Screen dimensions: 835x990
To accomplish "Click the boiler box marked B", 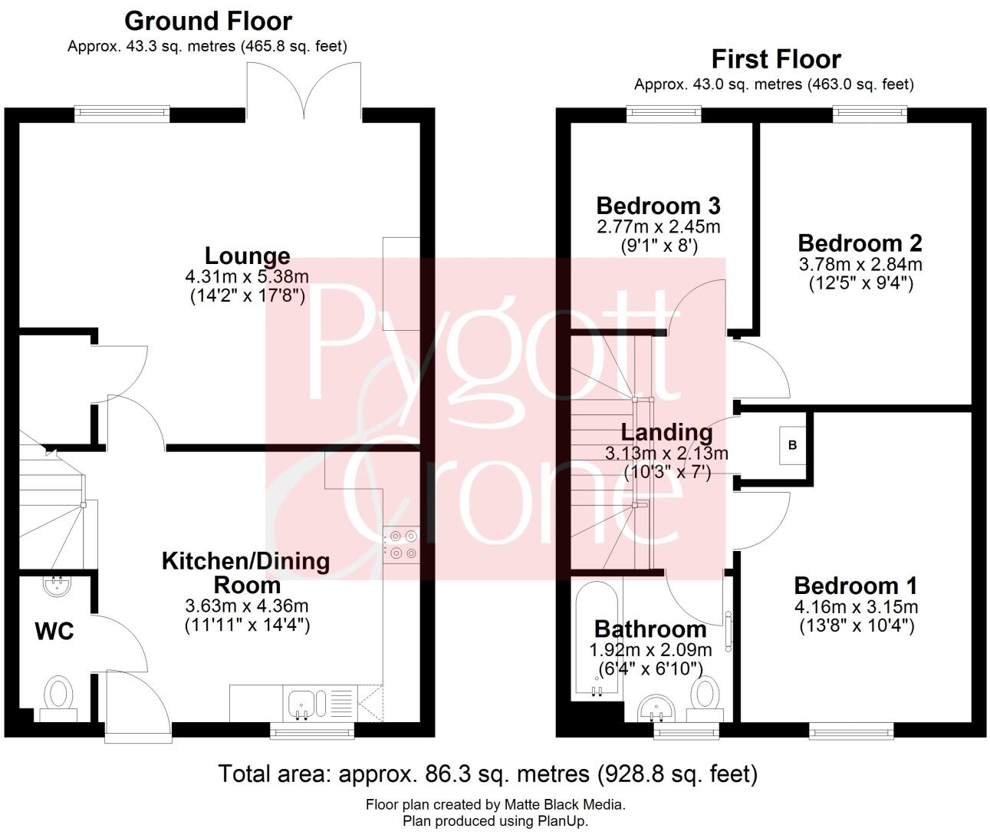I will pos(793,445).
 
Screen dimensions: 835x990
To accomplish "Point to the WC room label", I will pos(54,632).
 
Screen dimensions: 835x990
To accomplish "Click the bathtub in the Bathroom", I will pos(597,639).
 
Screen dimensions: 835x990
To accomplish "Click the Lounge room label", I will pos(247,256).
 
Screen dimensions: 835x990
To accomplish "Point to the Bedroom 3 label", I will pos(658,206).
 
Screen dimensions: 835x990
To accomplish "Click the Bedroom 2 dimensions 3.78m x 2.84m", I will pos(860,265).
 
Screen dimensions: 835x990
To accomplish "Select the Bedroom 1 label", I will pos(855,586).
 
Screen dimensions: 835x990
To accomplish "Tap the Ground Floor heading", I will pos(208,21).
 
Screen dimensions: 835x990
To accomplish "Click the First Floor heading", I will pos(776,59).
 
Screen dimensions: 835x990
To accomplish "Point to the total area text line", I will pos(488,774).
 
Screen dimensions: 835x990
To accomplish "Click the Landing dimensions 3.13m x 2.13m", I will pos(666,454).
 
